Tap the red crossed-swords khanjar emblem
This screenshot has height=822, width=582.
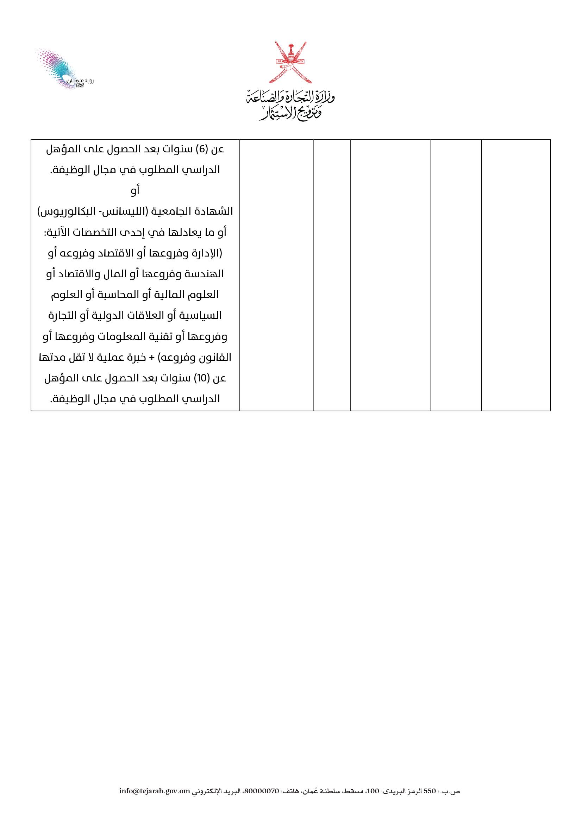tap(290, 62)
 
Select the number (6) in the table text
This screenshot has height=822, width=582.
tap(202, 149)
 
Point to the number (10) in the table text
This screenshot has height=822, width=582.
tap(201, 378)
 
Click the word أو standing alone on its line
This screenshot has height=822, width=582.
tap(135, 190)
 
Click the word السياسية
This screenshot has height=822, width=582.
tap(201, 316)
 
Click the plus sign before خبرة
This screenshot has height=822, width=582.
tap(152, 358)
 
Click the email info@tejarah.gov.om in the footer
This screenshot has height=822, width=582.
tap(155, 791)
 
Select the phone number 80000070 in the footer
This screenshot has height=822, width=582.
tap(261, 791)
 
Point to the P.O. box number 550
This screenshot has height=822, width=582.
tap(430, 791)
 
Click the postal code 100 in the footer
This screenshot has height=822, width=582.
tap(373, 791)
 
